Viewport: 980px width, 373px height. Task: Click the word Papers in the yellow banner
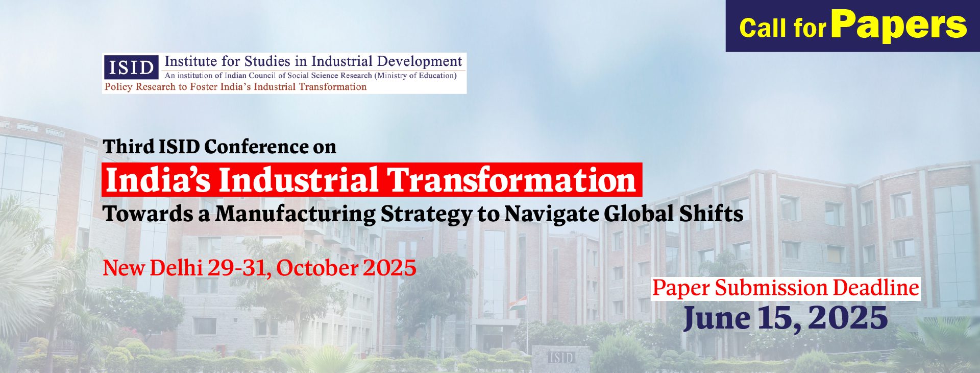[x=899, y=26]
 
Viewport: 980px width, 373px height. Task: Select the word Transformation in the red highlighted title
[x=510, y=180]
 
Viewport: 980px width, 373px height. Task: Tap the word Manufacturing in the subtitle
[x=295, y=214]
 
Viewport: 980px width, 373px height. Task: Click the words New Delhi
[x=153, y=268]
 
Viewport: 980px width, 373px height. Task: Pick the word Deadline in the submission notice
[x=876, y=288]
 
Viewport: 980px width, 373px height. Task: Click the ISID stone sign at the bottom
[x=561, y=357]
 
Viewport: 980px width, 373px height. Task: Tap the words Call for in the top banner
[x=782, y=28]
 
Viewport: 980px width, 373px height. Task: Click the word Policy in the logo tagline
[x=118, y=87]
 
